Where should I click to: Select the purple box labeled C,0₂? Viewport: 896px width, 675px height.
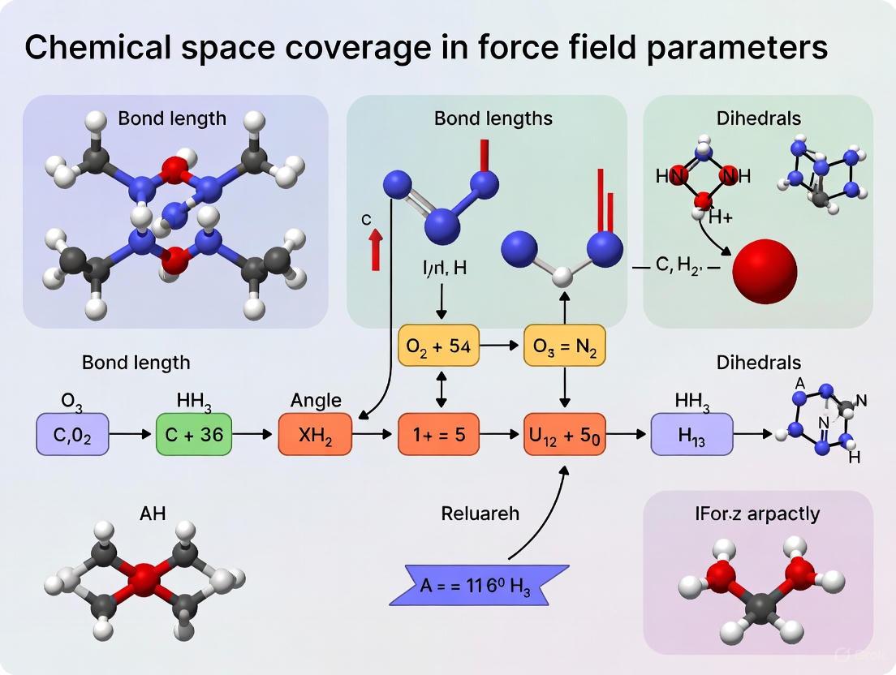72,434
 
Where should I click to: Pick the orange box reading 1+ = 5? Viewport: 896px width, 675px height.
438,434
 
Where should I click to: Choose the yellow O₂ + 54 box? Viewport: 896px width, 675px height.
438,346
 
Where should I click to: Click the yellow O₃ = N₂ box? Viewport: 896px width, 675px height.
565,346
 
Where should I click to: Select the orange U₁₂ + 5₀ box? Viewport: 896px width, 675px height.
565,434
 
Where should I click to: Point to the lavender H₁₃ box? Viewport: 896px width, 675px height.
691,434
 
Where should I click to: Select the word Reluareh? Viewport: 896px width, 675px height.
480,514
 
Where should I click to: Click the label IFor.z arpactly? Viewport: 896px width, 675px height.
756,514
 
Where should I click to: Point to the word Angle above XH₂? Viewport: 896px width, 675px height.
316,400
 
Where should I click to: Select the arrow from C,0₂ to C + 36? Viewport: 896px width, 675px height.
131,435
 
